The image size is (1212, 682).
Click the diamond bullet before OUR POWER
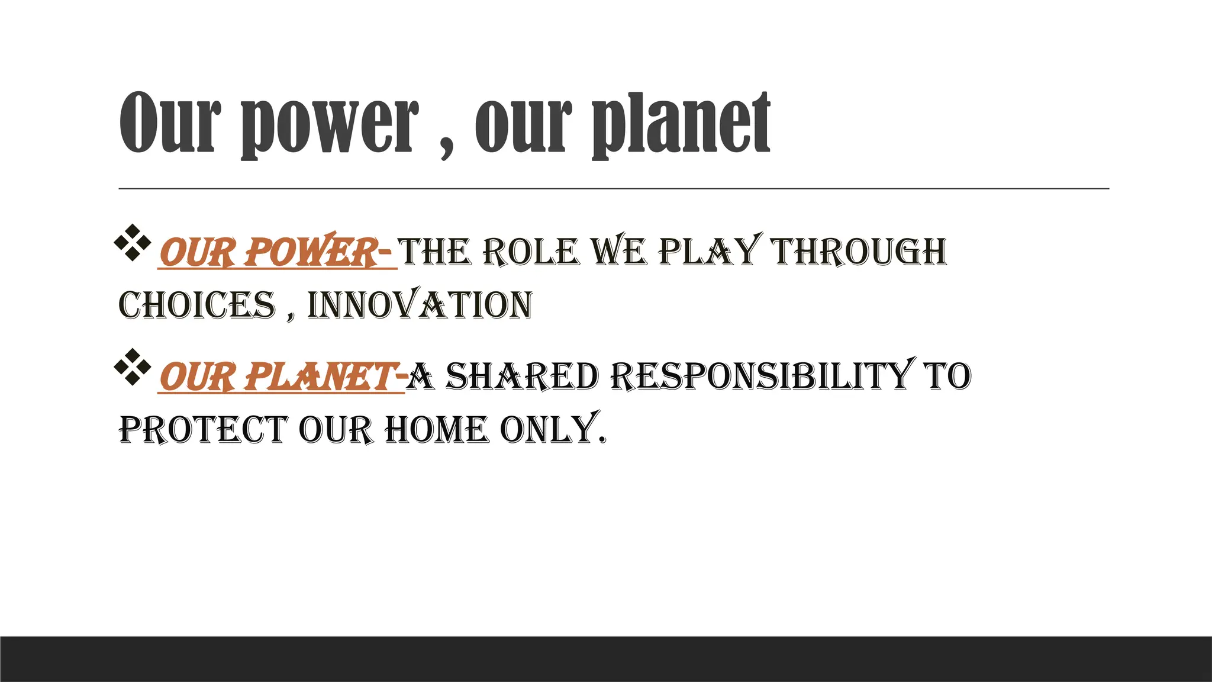pyautogui.click(x=130, y=243)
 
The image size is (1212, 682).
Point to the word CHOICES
pyautogui.click(x=197, y=305)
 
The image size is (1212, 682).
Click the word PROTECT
pyautogui.click(x=202, y=430)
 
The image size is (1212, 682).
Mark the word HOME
pyautogui.click(x=437, y=430)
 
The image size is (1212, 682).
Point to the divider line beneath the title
pyautogui.click(x=613, y=188)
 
